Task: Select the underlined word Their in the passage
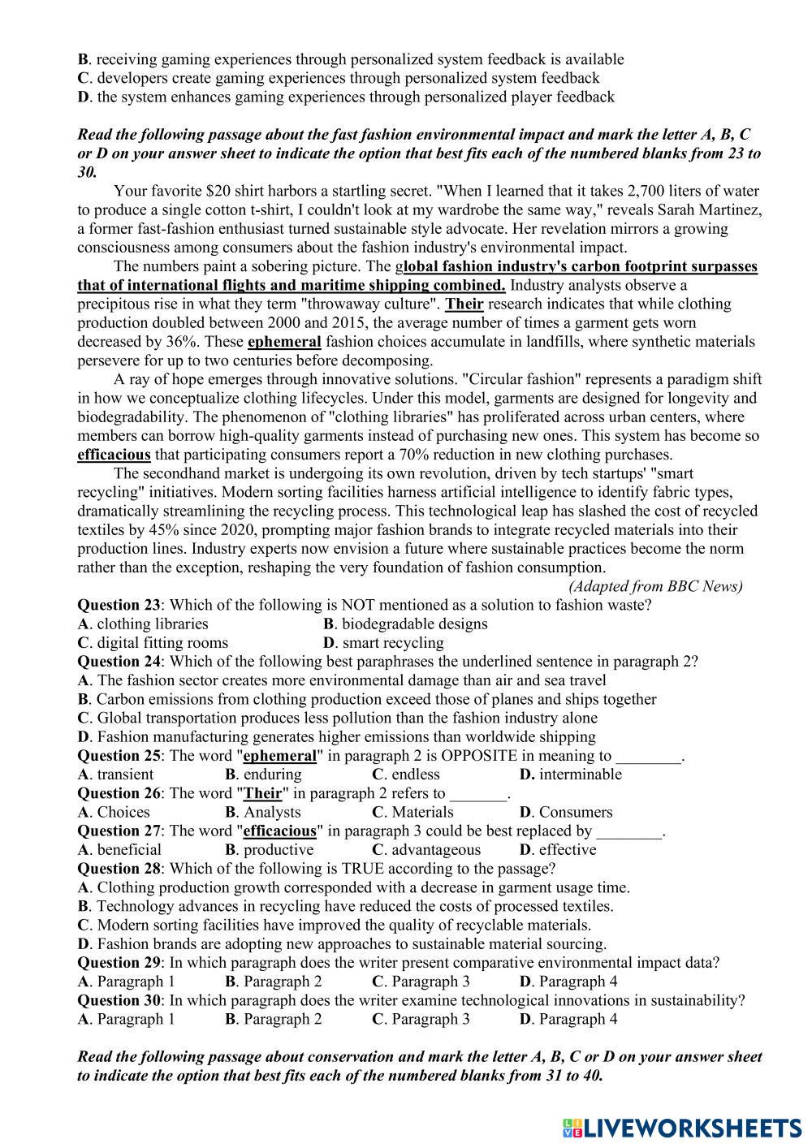tap(464, 304)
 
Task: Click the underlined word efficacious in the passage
tap(114, 455)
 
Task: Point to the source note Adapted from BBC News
tap(655, 586)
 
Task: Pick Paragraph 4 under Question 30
tap(568, 1019)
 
